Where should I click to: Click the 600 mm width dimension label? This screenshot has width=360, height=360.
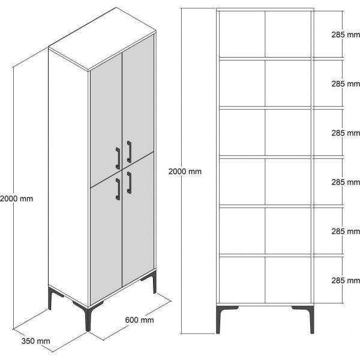(x=139, y=320)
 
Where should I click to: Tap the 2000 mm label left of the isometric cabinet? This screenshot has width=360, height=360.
(x=17, y=198)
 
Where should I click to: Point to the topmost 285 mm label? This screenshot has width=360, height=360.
(x=345, y=35)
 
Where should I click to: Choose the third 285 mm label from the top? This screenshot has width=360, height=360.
(x=345, y=132)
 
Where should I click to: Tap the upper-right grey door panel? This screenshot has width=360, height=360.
(x=139, y=96)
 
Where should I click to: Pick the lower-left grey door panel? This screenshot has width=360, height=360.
(x=105, y=240)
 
